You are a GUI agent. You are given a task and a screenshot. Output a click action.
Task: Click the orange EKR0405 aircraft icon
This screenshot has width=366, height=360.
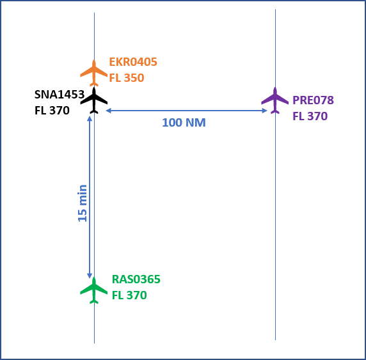(x=94, y=73)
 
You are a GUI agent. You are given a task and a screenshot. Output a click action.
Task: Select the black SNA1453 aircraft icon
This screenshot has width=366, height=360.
(x=94, y=100)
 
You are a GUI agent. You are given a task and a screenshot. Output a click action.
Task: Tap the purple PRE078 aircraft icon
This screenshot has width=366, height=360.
(x=275, y=100)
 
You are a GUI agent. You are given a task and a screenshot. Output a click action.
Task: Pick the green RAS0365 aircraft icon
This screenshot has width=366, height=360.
(x=94, y=290)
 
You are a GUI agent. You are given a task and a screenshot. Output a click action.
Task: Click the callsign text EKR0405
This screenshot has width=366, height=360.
(x=133, y=62)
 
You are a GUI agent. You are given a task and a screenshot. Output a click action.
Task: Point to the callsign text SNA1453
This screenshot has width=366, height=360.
(x=60, y=95)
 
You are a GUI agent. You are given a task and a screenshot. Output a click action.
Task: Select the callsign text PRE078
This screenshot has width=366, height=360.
(x=313, y=100)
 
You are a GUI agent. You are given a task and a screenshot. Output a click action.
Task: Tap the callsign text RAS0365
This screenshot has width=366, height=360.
(x=136, y=279)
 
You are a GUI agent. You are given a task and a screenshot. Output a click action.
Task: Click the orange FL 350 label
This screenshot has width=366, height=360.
(x=127, y=78)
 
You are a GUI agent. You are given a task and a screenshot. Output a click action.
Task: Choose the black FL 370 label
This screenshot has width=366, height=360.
(x=52, y=111)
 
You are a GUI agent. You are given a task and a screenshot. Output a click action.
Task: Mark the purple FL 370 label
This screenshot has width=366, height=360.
(x=310, y=116)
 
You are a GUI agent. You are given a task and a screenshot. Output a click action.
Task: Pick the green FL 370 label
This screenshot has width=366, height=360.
(x=129, y=295)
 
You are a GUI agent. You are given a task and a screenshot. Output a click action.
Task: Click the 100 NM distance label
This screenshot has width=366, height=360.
(x=184, y=123)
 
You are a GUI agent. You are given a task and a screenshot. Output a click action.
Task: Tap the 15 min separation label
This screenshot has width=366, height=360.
(x=83, y=203)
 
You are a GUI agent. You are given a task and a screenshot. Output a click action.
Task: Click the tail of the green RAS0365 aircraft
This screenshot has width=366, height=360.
(x=94, y=302)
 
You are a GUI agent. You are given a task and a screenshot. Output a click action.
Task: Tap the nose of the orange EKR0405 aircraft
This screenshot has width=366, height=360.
(x=94, y=60)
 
